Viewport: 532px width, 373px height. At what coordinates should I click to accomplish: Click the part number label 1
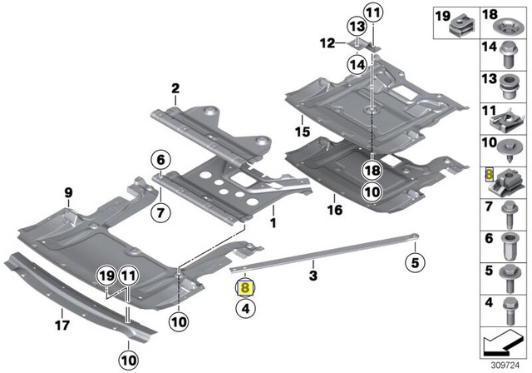pos(272,224)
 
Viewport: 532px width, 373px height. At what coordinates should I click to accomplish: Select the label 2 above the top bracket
pos(175,88)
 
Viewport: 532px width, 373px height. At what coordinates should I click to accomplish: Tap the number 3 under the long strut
pos(313,274)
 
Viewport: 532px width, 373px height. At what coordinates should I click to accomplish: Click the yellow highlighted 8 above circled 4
pos(246,287)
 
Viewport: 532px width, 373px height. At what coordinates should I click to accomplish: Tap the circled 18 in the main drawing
pos(372,170)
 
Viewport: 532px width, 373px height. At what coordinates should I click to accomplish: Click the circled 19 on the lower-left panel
pos(106,276)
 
